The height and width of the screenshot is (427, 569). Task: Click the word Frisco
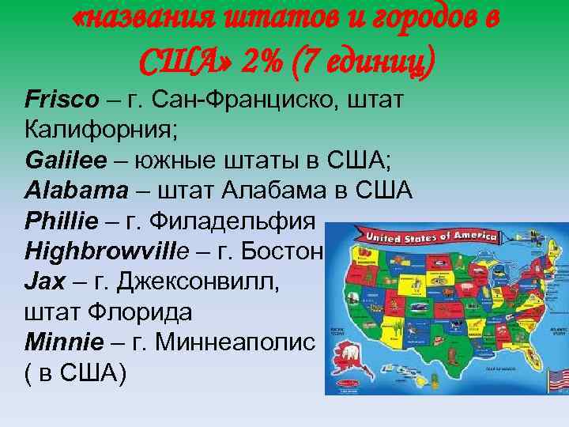pyautogui.click(x=62, y=100)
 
